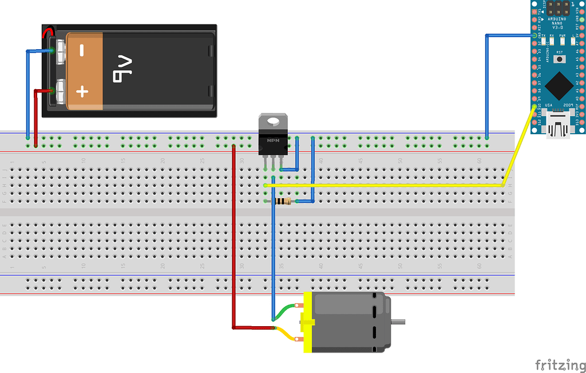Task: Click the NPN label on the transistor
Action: click(272, 139)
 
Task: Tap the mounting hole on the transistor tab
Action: click(272, 121)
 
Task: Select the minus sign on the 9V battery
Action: click(82, 51)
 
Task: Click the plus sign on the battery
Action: click(82, 91)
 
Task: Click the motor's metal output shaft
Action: click(398, 321)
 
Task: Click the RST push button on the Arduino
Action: click(560, 59)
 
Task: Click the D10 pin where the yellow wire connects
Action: click(534, 106)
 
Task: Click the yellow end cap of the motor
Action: click(308, 321)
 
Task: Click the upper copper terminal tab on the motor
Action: click(299, 304)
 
